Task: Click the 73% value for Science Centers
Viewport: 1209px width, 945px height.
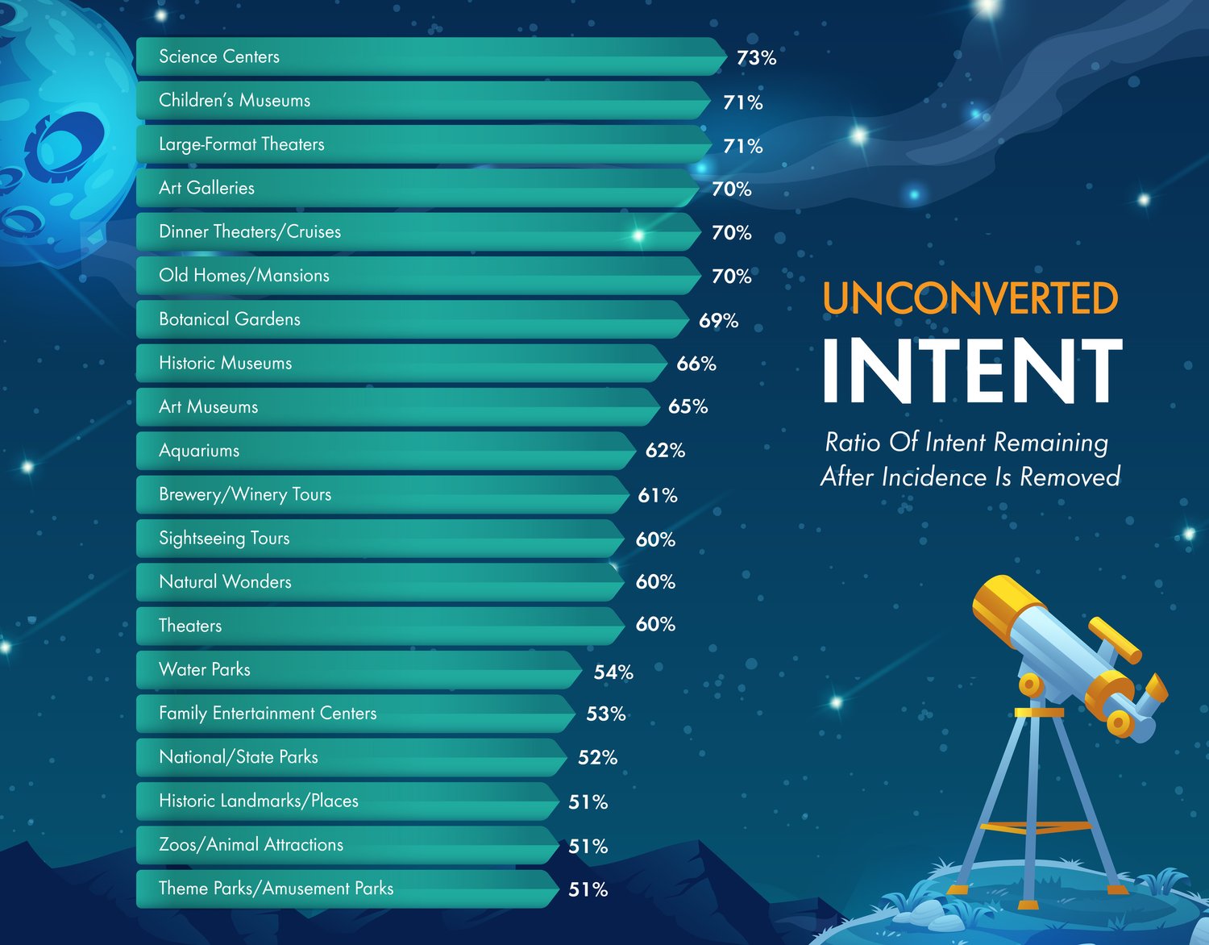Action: (x=756, y=58)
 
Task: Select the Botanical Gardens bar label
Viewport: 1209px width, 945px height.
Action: (x=229, y=319)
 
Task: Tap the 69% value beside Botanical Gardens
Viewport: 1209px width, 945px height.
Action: (x=718, y=321)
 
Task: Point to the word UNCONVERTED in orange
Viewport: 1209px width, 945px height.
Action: (x=970, y=298)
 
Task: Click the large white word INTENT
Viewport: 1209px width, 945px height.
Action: (x=972, y=370)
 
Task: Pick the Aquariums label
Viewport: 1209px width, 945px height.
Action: (x=199, y=451)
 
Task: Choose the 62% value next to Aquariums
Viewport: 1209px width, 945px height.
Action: (x=665, y=450)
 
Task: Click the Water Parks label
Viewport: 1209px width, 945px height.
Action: (x=204, y=669)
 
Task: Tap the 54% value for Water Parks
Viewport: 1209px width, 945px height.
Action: (x=613, y=672)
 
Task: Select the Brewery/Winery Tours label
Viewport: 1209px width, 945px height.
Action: (x=245, y=495)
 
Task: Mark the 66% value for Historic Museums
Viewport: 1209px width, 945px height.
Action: (x=696, y=364)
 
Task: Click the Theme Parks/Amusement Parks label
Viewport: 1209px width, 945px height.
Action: (x=276, y=889)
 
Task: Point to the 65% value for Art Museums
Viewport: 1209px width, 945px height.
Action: (x=688, y=407)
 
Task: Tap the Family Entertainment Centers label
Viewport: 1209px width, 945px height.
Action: (x=268, y=714)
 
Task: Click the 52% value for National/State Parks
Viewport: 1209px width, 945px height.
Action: (x=597, y=757)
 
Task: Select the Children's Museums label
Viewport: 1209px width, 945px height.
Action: (x=235, y=101)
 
